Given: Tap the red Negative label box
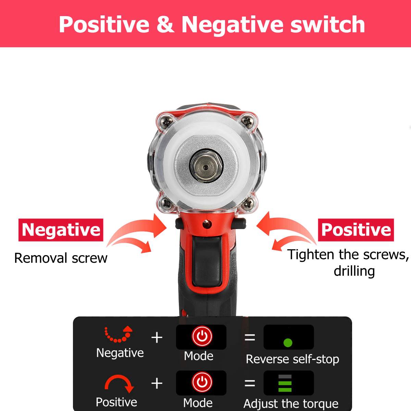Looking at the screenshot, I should click(x=61, y=230).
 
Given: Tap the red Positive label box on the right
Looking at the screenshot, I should click(x=356, y=230).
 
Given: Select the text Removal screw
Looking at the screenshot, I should click(x=61, y=258).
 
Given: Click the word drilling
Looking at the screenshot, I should click(x=354, y=271).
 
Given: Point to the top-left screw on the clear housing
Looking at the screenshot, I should click(x=167, y=121).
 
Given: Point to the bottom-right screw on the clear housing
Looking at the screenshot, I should click(x=246, y=204).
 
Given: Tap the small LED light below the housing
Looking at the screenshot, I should click(x=207, y=224).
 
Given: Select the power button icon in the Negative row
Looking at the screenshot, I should click(x=202, y=336).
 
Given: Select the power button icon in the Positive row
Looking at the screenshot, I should click(x=202, y=382).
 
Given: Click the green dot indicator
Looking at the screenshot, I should click(x=288, y=342).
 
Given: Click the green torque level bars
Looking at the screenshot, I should click(x=285, y=383).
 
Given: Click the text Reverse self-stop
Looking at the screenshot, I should click(x=292, y=359).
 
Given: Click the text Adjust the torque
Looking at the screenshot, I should click(x=291, y=404).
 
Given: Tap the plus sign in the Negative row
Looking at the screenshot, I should click(x=157, y=337).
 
